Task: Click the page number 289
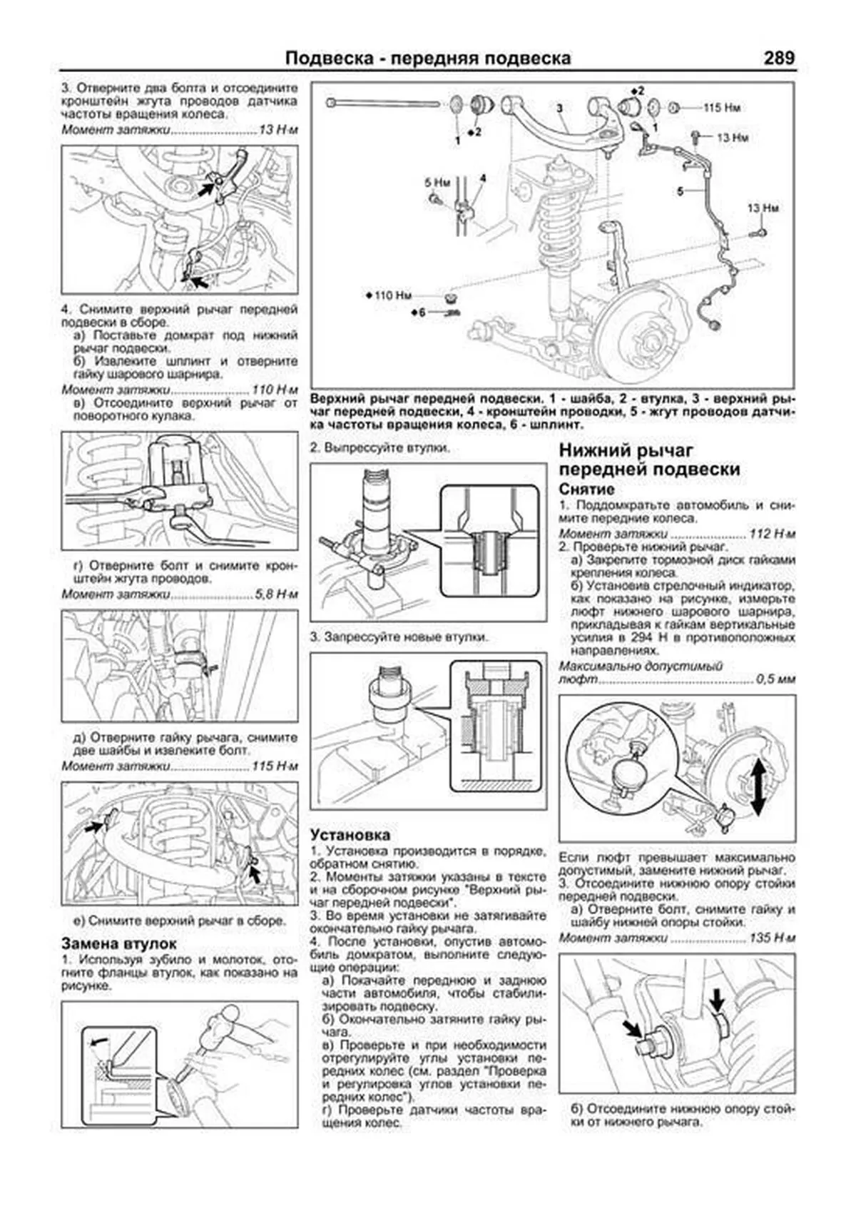point(778,58)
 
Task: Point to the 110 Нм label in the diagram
point(392,295)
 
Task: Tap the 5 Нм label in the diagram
point(437,183)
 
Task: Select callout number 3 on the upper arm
point(559,108)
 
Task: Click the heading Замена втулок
point(119,943)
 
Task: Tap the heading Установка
point(350,835)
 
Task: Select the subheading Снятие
point(586,490)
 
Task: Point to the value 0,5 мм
point(775,679)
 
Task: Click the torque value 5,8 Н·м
point(275,594)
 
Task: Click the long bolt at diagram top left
point(385,103)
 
